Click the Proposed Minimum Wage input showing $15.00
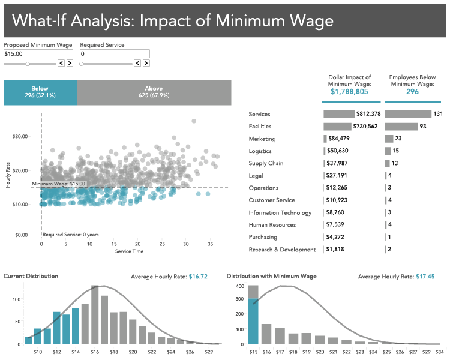(38, 54)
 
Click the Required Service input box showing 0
(114, 54)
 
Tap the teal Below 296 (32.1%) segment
(40, 92)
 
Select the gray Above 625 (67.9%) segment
(154, 92)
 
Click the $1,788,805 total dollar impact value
(350, 92)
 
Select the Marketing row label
(262, 139)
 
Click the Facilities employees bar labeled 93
(401, 127)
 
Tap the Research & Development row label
(282, 250)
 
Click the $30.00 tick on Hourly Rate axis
(20, 136)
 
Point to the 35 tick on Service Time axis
(211, 244)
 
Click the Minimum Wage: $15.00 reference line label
(58, 184)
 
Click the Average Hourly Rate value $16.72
(198, 277)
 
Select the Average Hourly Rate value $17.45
(426, 277)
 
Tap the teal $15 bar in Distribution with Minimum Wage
(253, 322)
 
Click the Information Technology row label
(280, 212)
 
